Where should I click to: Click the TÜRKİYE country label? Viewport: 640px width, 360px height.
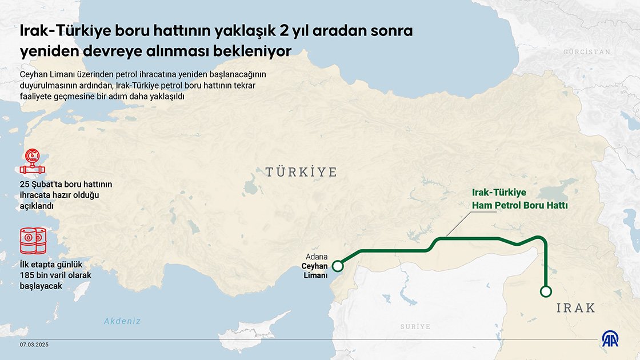tap(301, 172)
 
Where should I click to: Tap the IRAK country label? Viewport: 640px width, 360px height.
tap(576, 309)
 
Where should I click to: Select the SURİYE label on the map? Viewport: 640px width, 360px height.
tap(415, 327)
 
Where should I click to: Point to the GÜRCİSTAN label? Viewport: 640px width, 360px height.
tap(587, 52)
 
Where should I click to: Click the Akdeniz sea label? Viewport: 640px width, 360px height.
tap(122, 321)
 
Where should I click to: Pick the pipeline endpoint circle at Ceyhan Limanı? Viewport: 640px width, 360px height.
tap(338, 266)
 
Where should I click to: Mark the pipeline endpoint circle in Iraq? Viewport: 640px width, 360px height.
tap(546, 291)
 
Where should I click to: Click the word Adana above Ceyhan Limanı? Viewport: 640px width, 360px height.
tap(317, 257)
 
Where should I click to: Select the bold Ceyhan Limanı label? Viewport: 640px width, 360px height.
tap(314, 271)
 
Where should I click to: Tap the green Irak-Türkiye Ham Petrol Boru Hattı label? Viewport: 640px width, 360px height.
tap(519, 199)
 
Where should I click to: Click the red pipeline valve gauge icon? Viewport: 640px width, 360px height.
tap(32, 162)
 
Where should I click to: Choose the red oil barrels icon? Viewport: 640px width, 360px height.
tap(33, 241)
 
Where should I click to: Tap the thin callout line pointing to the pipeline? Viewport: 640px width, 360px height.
tap(457, 225)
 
